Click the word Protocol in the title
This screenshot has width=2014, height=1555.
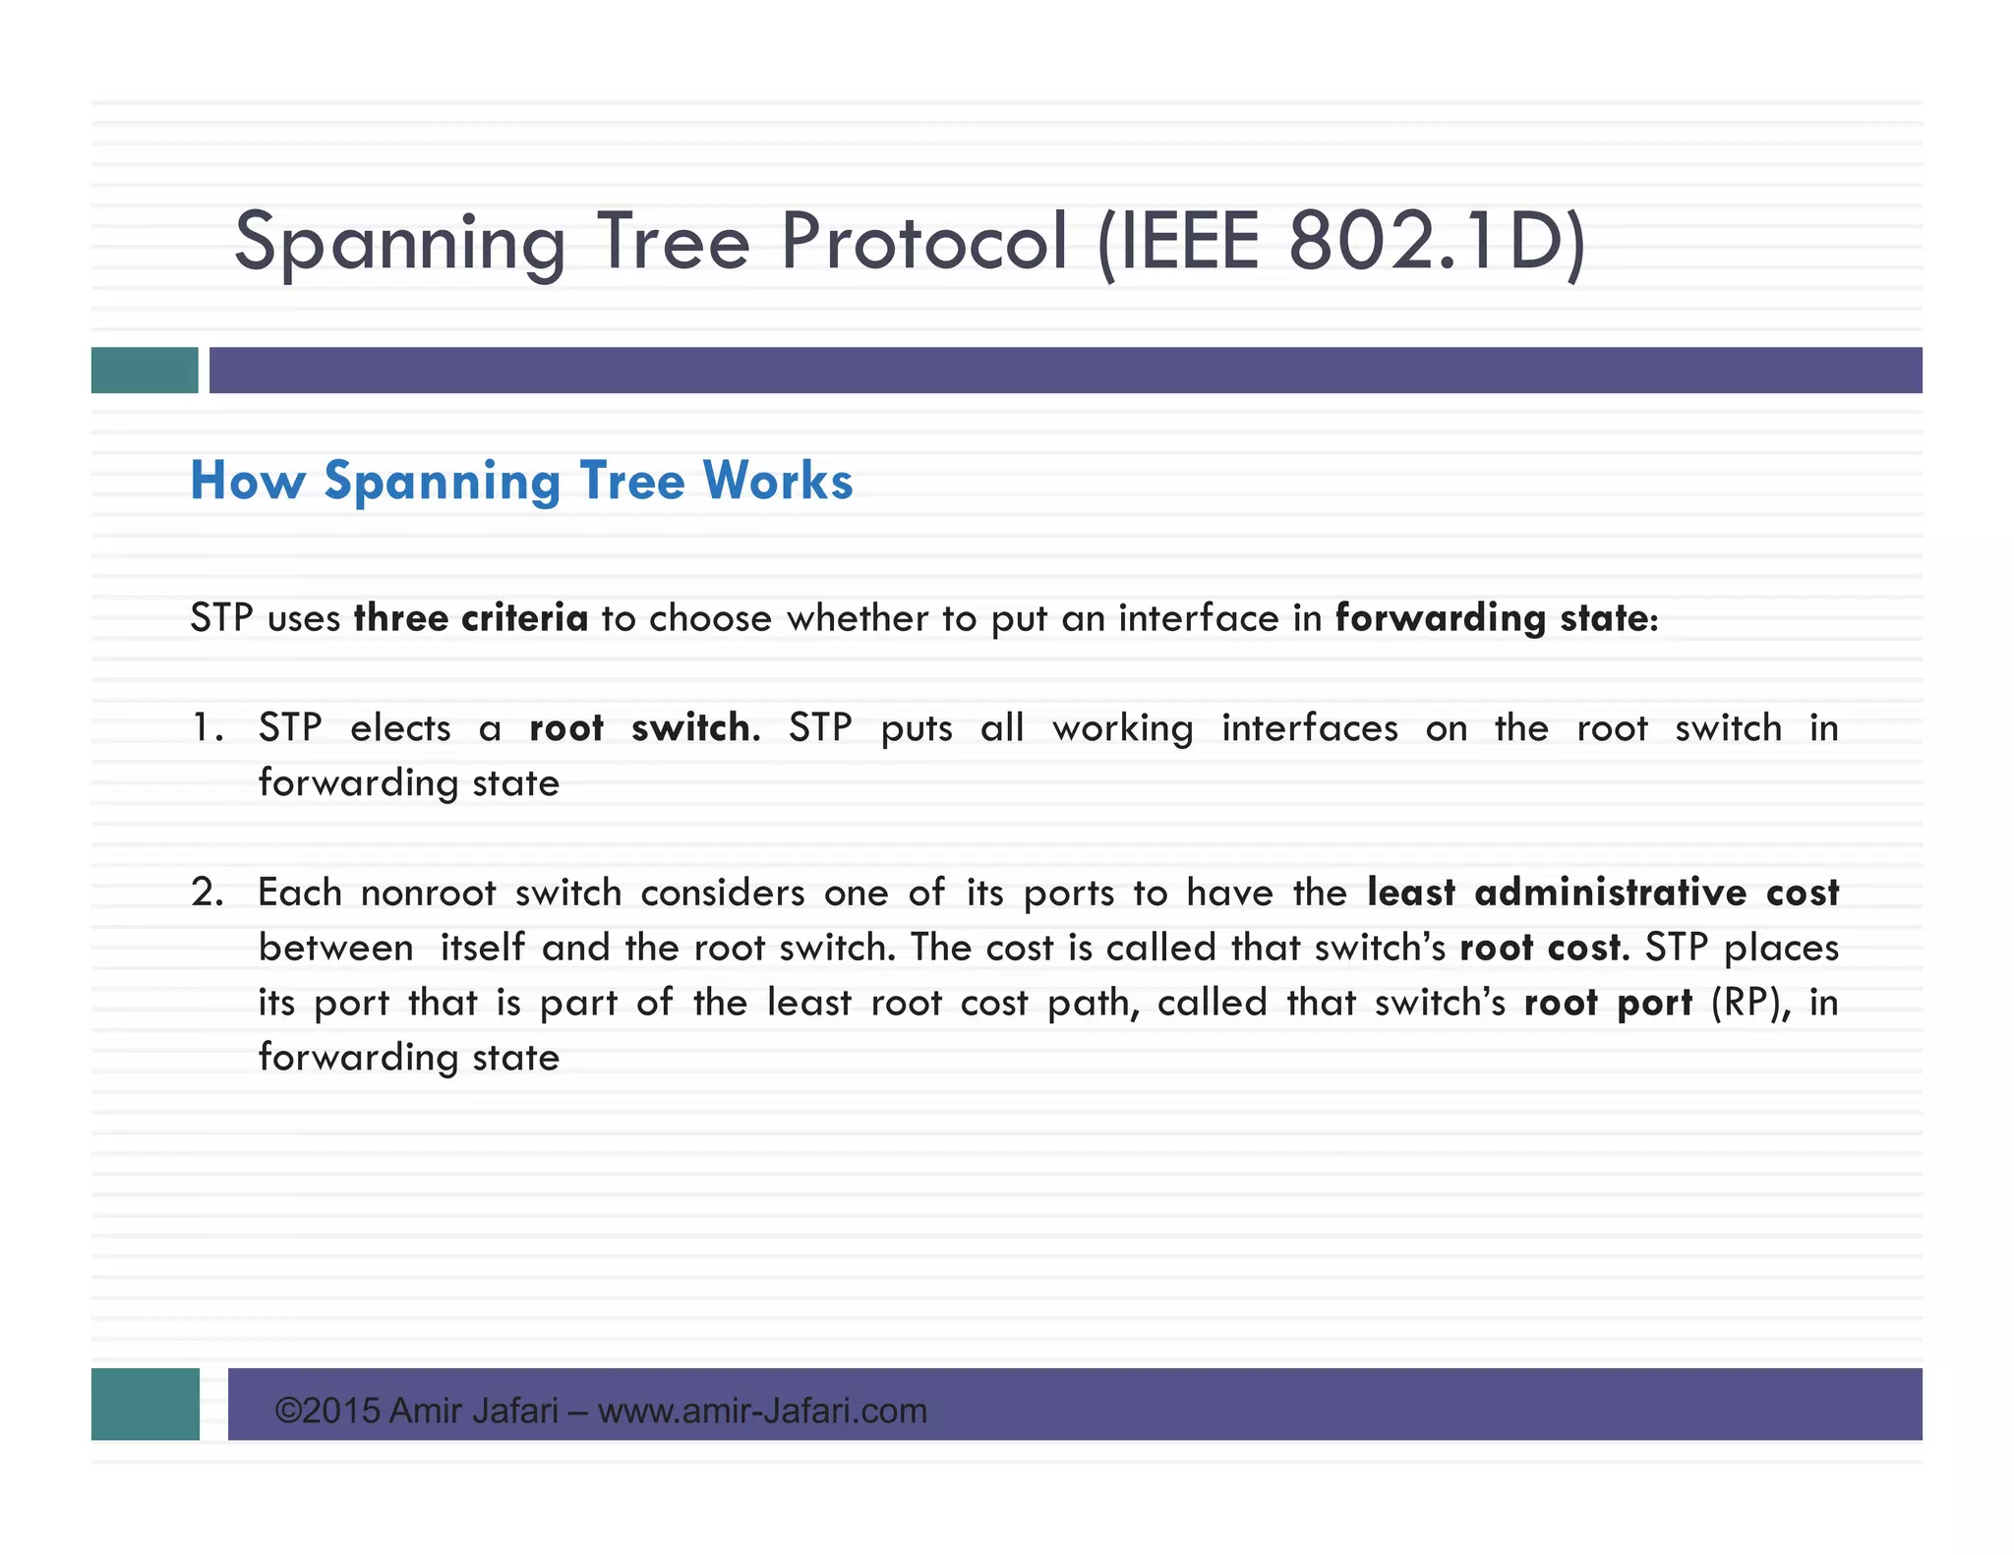point(923,242)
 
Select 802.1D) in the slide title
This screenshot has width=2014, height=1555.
point(1437,242)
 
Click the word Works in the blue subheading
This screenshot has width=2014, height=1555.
point(778,482)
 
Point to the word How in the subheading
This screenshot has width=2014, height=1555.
point(247,482)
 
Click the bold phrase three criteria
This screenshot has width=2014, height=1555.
point(471,618)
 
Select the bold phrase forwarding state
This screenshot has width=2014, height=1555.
point(1494,618)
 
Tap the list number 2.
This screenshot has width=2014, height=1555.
point(207,893)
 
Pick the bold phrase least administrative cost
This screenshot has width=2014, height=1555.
point(1603,893)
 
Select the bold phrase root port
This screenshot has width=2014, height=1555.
point(1609,1003)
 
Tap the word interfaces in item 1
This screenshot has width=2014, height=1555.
point(1309,728)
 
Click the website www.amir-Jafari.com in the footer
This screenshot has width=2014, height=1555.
point(762,1411)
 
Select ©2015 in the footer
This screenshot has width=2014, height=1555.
point(327,1411)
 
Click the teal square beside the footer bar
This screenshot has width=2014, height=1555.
point(145,1405)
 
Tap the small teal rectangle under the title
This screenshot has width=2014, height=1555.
point(145,371)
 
